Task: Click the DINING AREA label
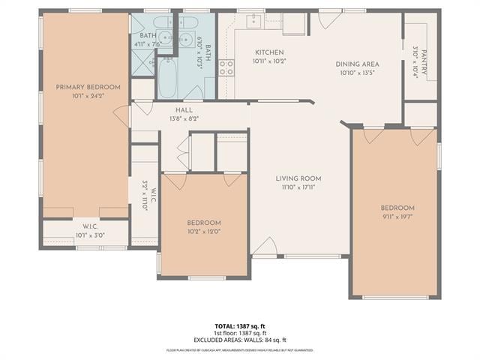[x=357, y=64]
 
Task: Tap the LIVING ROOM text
[x=298, y=178]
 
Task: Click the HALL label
[x=184, y=110]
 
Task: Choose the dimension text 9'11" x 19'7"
[x=397, y=217]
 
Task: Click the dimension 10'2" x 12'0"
[x=204, y=231]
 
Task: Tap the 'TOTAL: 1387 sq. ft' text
[x=240, y=326]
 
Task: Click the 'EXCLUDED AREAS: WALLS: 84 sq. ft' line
[x=240, y=340]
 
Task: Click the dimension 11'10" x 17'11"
[x=298, y=187]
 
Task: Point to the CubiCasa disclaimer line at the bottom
[x=240, y=350]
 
